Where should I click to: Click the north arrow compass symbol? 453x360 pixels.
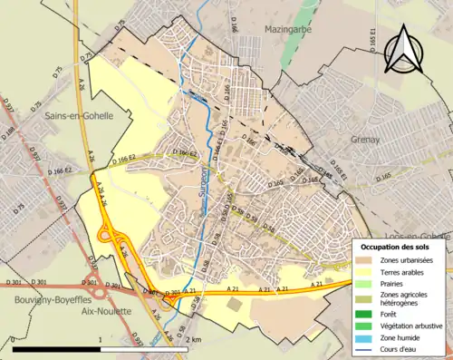pos(401,49)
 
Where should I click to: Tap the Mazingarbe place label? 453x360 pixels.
pos(287,30)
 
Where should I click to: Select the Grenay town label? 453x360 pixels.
pos(369,141)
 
